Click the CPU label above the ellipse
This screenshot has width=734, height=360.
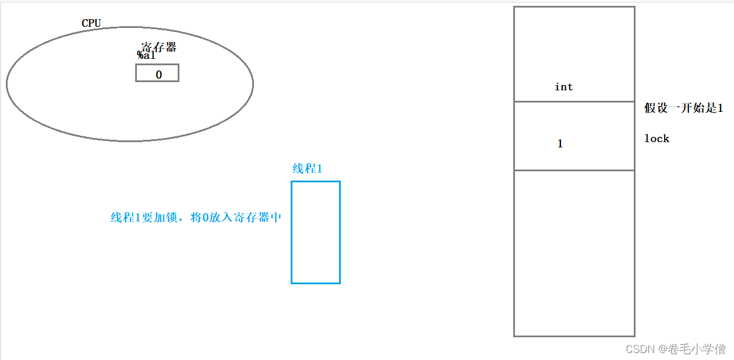point(91,23)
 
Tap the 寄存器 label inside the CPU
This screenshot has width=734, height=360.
point(158,47)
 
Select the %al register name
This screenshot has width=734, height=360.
point(146,55)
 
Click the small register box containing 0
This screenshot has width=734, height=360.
point(157,73)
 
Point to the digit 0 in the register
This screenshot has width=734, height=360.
point(158,75)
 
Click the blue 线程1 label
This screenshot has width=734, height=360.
point(307,169)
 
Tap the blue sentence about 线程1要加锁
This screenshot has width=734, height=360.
point(196,218)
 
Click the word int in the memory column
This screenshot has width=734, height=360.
point(563,87)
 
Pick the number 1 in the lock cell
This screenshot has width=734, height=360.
point(560,144)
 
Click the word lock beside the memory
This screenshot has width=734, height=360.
point(657,139)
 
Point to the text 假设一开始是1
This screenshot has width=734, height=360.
point(683,108)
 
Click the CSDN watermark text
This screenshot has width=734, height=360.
point(640,349)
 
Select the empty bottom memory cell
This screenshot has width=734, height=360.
point(574,253)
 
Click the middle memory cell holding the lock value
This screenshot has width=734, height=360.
point(574,136)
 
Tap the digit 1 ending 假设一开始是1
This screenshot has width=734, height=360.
point(720,108)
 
